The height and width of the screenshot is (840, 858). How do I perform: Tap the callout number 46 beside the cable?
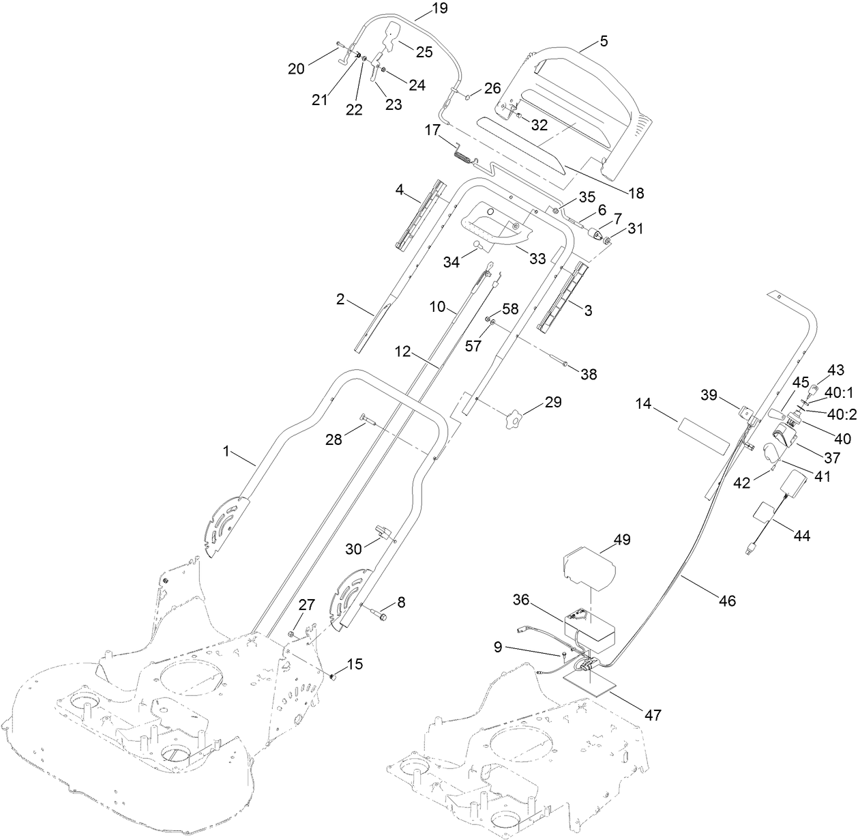(x=727, y=600)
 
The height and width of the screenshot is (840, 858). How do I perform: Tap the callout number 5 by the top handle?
(x=603, y=40)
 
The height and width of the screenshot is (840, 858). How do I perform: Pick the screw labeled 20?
(x=340, y=47)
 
